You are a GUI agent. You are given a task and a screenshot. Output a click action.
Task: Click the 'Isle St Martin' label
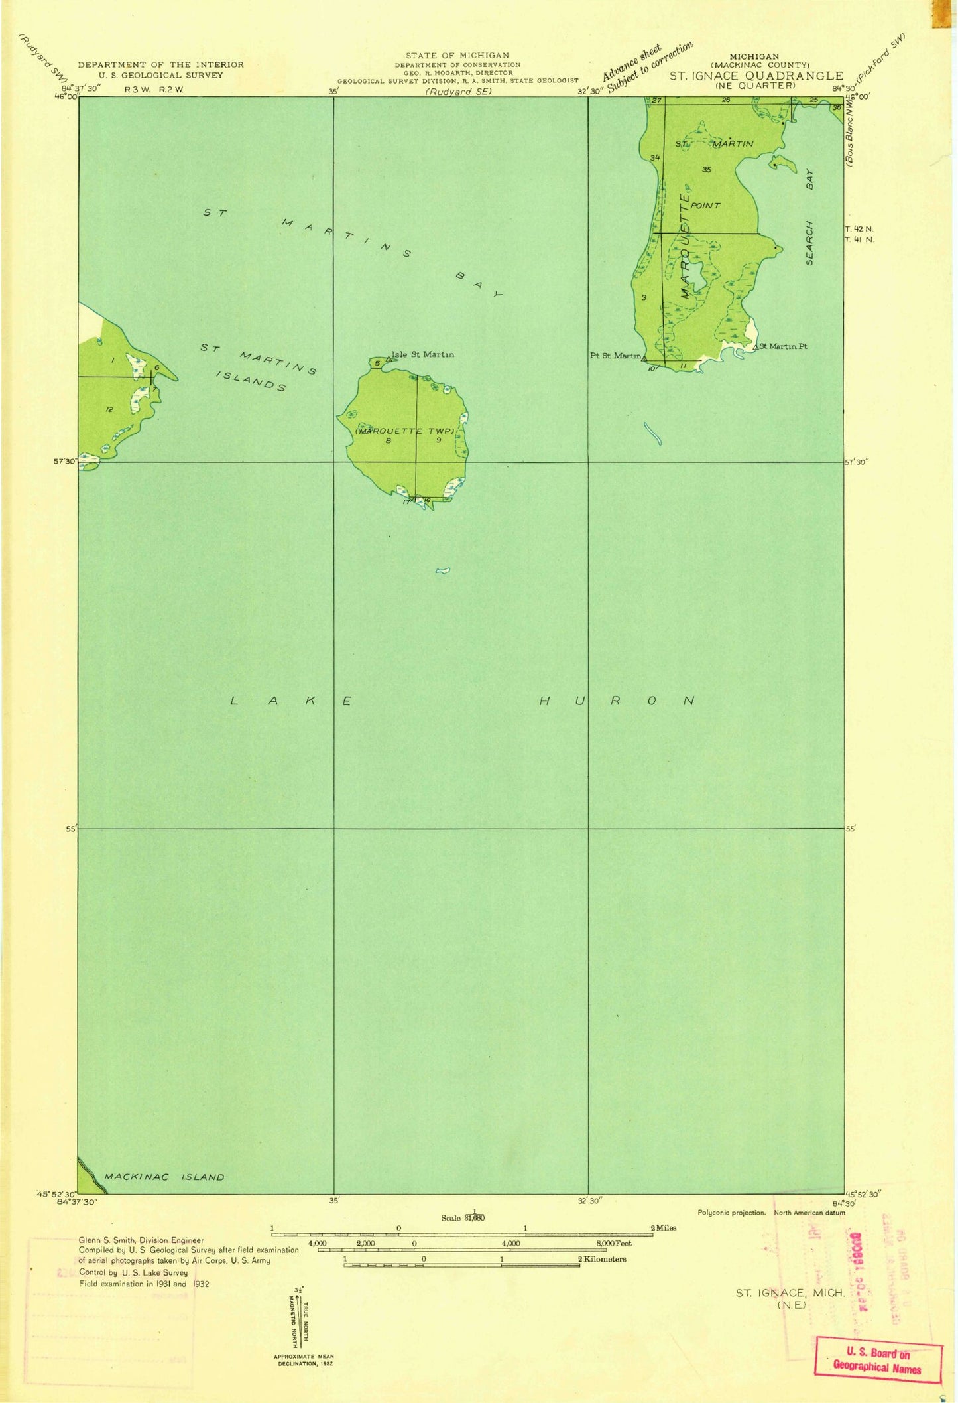pyautogui.click(x=422, y=354)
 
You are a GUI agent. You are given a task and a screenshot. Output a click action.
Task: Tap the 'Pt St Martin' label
pyautogui.click(x=615, y=356)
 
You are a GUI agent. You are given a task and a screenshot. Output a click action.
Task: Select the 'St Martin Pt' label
pyautogui.click(x=783, y=346)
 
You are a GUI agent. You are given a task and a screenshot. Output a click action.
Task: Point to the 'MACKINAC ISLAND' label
pyautogui.click(x=164, y=1177)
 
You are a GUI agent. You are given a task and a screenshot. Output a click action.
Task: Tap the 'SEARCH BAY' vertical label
pyautogui.click(x=809, y=216)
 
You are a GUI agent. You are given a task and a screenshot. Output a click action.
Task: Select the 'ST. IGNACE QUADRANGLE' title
pyautogui.click(x=756, y=76)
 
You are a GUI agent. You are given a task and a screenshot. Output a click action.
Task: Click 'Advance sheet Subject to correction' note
pyautogui.click(x=646, y=66)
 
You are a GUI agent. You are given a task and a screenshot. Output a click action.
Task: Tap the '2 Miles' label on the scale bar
pyautogui.click(x=663, y=1228)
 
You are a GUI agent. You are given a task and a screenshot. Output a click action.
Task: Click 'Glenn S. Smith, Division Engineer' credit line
pyautogui.click(x=141, y=1240)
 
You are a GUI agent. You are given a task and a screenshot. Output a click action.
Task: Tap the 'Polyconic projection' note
pyautogui.click(x=731, y=1213)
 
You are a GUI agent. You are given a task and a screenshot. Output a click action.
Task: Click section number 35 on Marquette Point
pyautogui.click(x=706, y=170)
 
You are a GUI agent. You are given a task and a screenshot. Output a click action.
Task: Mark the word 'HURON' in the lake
pyautogui.click(x=617, y=701)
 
